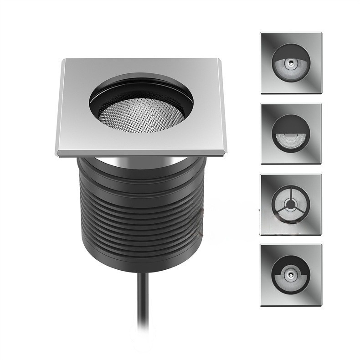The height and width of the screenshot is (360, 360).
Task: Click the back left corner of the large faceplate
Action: point(65,60)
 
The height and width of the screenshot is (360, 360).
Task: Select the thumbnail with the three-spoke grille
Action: point(291,205)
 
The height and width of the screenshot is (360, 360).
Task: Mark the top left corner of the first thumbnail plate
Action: point(262,33)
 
